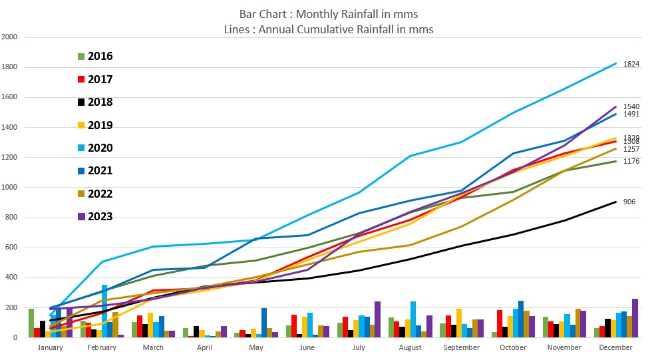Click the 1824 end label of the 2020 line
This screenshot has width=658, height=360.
[x=631, y=65]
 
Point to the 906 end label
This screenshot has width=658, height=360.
[x=629, y=202]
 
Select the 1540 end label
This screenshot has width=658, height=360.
[x=631, y=106]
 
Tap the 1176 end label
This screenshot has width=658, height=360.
[x=631, y=161]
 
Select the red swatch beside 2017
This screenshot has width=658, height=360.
[x=81, y=80]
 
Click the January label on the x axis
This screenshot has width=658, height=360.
[x=50, y=347]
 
